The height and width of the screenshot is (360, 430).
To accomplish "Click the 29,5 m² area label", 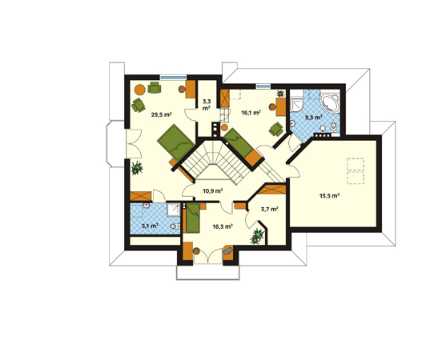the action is [x=161, y=114].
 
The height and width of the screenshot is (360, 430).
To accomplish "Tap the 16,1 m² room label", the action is [x=251, y=113].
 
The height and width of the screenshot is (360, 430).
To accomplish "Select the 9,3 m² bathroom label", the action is [x=314, y=118].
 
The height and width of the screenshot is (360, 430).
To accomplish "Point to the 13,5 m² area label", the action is [x=330, y=196].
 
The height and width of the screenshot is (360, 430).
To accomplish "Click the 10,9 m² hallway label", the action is [x=212, y=190].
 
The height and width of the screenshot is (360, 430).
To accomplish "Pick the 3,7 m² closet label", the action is [x=270, y=210].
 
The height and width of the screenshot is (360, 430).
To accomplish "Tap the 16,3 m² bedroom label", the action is [x=223, y=226].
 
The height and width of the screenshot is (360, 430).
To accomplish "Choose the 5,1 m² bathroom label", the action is [x=150, y=226].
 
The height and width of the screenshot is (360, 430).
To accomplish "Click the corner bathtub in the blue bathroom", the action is [x=330, y=103].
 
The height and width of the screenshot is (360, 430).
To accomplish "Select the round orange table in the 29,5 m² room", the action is [x=140, y=89].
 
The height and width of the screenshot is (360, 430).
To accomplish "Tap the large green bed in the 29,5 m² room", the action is [x=176, y=142].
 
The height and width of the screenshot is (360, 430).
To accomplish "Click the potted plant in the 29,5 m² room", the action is [x=137, y=168].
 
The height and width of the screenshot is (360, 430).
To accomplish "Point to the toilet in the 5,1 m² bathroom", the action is [x=175, y=226].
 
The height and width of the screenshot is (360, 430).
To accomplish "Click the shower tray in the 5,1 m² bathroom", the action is [x=173, y=210].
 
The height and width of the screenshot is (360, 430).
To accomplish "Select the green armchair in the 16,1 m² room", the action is [x=276, y=130].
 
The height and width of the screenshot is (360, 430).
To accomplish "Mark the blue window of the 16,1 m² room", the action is [x=263, y=86].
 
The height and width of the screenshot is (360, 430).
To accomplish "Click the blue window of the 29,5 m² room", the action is [x=173, y=78].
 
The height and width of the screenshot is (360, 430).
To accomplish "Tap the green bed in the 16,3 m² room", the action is [x=193, y=218].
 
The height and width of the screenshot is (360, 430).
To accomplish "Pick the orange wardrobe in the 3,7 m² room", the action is [x=272, y=190].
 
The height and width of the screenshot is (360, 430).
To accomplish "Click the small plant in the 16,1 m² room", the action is [x=280, y=94].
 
